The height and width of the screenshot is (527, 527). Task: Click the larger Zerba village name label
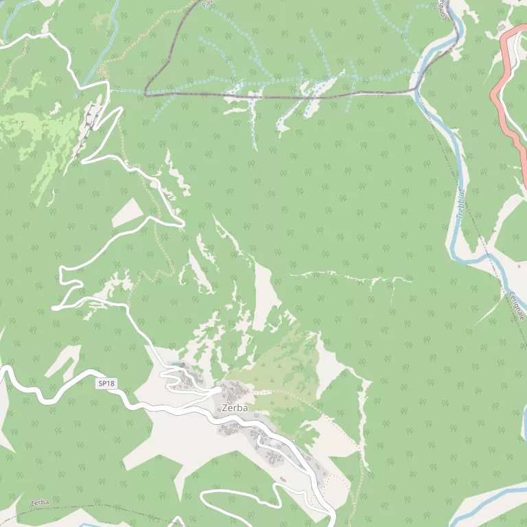click(235, 408)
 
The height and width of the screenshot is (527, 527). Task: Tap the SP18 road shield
click(105, 384)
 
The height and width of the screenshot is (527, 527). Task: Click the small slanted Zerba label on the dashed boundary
click(40, 503)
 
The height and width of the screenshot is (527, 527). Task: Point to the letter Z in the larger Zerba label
click(225, 408)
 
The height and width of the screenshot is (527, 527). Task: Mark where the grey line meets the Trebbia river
click(417, 89)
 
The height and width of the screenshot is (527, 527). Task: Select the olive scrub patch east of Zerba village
click(281, 371)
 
